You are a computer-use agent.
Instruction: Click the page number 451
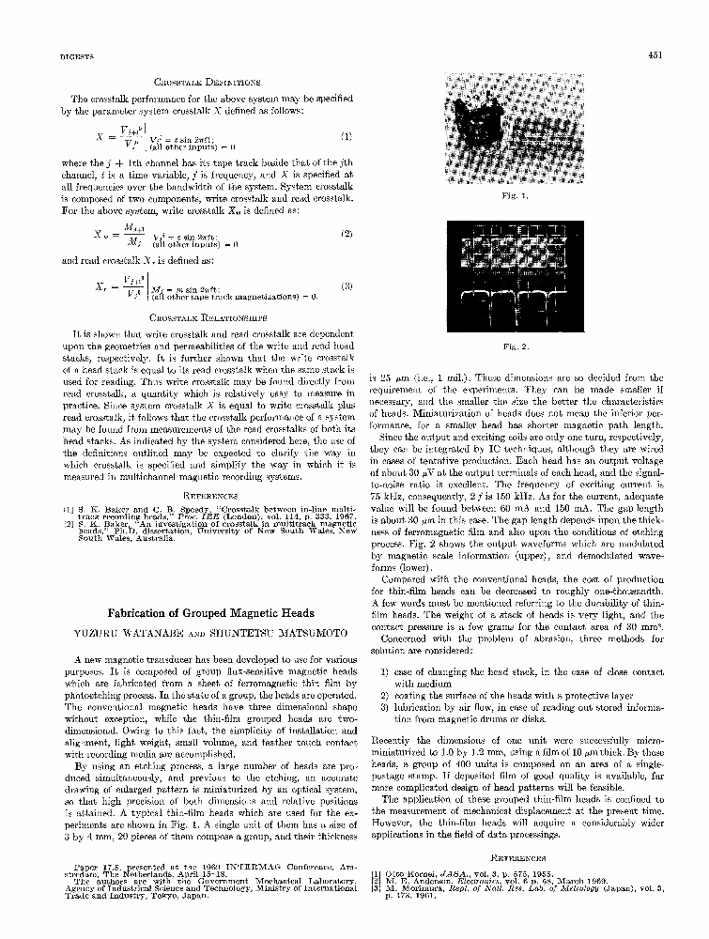(x=656, y=55)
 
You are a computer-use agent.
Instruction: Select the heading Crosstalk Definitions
(x=199, y=83)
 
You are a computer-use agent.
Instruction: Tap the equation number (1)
(x=346, y=136)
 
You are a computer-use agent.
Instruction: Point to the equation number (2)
(x=346, y=233)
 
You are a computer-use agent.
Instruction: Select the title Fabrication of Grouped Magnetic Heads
(x=199, y=612)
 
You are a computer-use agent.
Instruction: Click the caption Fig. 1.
(x=515, y=196)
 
